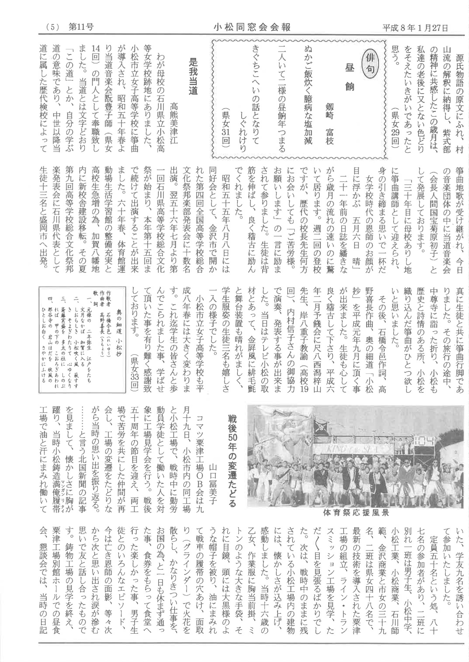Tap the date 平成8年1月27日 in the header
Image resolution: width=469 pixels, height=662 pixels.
point(415,27)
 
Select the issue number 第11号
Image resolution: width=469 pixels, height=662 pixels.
point(81,27)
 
